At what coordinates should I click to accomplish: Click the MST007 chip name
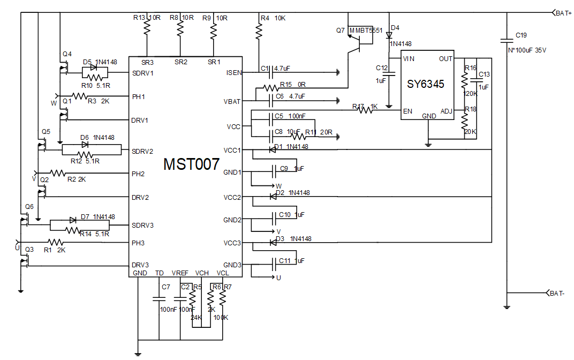pyautogui.click(x=191, y=164)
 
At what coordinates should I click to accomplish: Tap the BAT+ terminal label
pyautogui.click(x=563, y=13)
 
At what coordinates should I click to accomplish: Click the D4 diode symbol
pyautogui.click(x=389, y=35)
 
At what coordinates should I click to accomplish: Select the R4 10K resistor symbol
pyautogui.click(x=259, y=32)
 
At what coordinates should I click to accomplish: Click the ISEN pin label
pyautogui.click(x=233, y=72)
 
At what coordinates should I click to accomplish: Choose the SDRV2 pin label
pyautogui.click(x=142, y=151)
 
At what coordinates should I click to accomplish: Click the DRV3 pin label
pyautogui.click(x=140, y=265)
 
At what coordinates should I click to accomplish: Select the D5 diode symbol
pyautogui.click(x=95, y=68)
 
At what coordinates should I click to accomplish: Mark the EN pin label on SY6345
pyautogui.click(x=407, y=111)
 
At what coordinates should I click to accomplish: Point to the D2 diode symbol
pyautogui.click(x=272, y=197)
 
